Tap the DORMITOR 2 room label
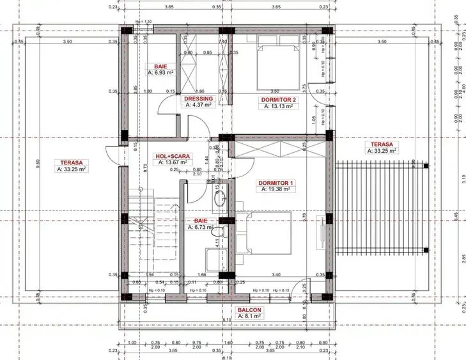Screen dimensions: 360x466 (x=278, y=100)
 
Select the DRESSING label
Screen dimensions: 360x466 (x=198, y=99)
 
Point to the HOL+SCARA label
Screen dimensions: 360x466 (x=171, y=155)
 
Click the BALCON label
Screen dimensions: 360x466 (x=249, y=308)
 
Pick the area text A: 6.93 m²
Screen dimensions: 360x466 (x=160, y=73)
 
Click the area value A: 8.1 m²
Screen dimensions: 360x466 (x=249, y=316)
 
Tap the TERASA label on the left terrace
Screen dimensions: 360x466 (x=72, y=162)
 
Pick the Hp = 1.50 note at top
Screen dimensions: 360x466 (x=143, y=21)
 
